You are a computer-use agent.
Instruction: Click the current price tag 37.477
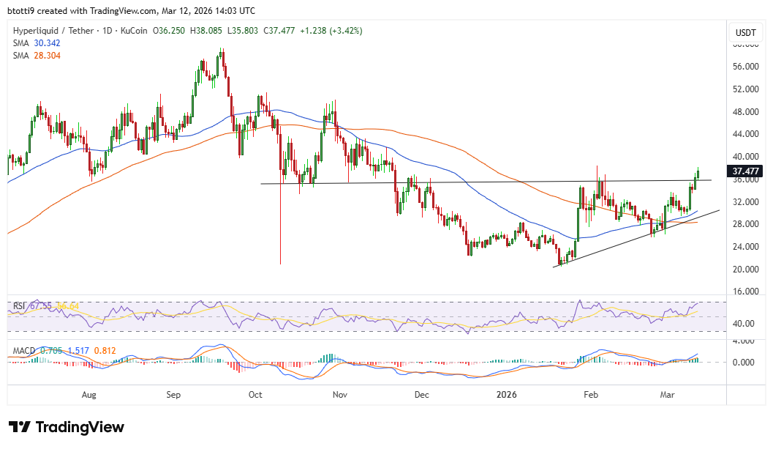(744, 171)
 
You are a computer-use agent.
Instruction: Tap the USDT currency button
(744, 33)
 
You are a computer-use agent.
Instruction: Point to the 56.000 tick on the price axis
(744, 67)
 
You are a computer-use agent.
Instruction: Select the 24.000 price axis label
(744, 247)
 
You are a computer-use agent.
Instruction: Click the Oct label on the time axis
(255, 395)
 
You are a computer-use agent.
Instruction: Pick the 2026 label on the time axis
(506, 395)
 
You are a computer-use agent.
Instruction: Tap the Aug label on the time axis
(89, 395)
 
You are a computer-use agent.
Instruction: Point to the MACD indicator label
(26, 351)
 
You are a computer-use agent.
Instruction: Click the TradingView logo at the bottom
(67, 427)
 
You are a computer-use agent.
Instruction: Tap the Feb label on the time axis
(591, 395)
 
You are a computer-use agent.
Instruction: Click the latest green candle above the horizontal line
(698, 174)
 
